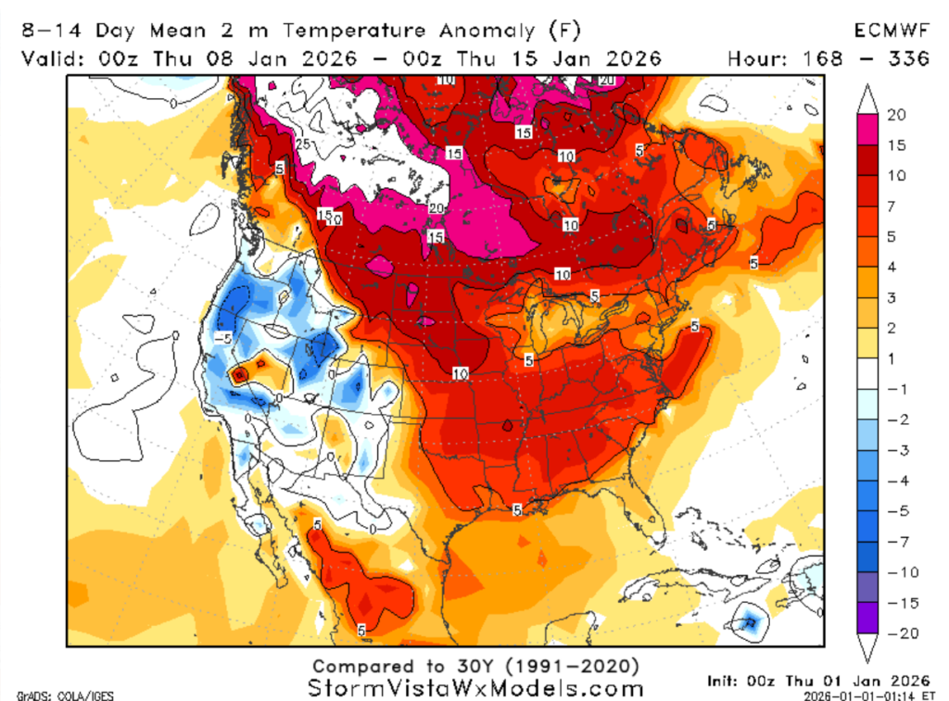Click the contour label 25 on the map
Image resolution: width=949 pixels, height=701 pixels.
302,144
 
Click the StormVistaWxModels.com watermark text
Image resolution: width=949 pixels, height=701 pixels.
474,688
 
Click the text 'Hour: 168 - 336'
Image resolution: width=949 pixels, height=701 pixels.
829,58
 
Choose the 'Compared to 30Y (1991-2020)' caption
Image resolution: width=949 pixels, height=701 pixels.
474,666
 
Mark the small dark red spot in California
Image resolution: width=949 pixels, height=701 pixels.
239,374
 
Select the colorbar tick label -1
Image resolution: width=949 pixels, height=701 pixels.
894,389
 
